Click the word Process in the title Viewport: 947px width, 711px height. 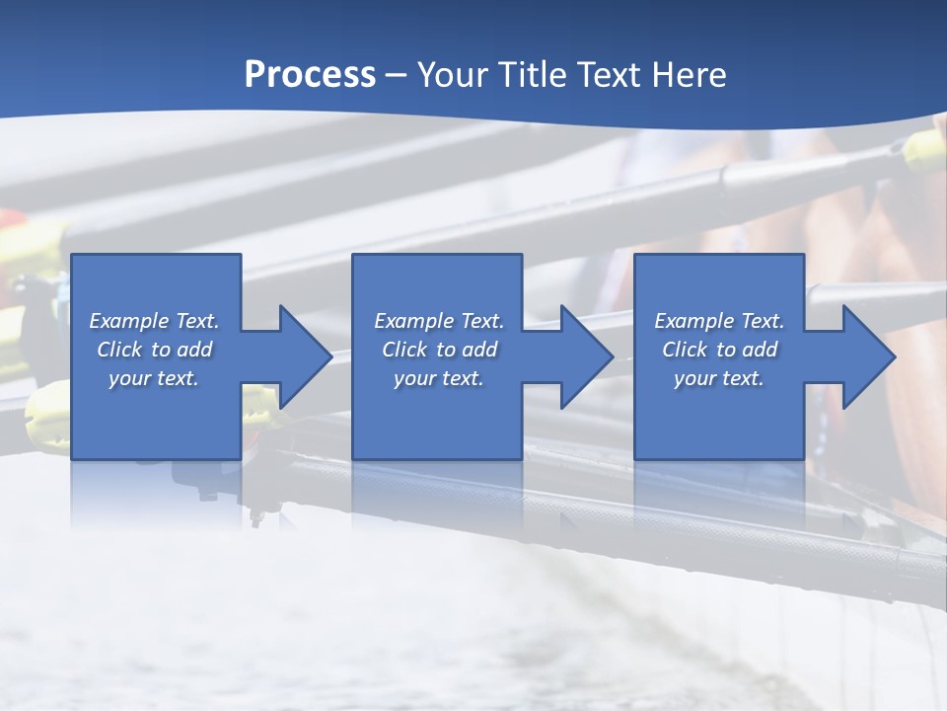[x=310, y=75]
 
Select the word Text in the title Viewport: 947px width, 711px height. [x=607, y=75]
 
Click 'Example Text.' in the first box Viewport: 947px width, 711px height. [x=154, y=321]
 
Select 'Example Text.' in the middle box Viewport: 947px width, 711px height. [x=439, y=321]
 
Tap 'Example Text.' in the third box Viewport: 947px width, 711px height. [x=719, y=321]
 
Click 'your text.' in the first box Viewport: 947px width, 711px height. [x=154, y=378]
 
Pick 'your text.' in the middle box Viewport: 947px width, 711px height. [x=439, y=378]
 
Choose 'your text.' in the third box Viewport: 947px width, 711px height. [x=719, y=378]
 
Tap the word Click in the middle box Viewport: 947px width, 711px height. [x=404, y=350]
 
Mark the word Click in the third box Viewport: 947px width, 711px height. [x=685, y=350]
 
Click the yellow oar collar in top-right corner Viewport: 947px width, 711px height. [x=925, y=149]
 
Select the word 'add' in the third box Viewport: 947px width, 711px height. [x=760, y=350]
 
